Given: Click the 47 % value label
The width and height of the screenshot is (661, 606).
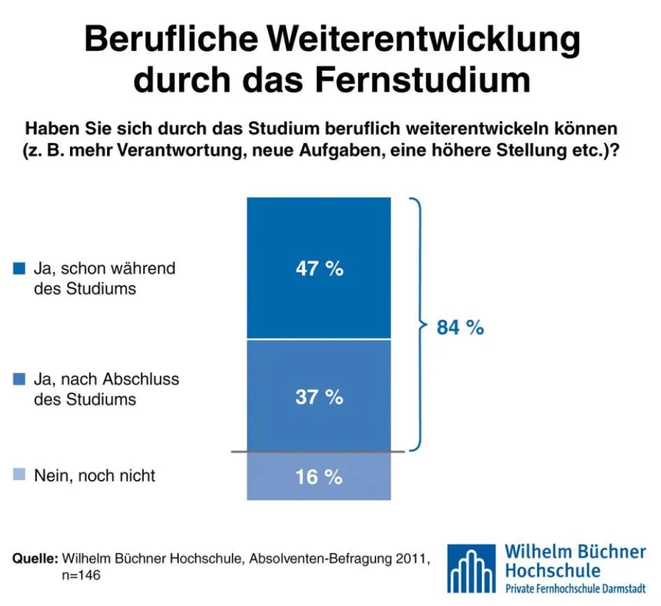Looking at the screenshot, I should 319,269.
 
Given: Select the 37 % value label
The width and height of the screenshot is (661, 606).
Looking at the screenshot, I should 319,397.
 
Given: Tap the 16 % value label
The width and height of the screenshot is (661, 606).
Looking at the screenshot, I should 319,477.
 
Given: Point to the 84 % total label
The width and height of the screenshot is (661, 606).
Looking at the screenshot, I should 460,328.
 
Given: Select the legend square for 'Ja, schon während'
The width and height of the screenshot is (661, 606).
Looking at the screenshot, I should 20,269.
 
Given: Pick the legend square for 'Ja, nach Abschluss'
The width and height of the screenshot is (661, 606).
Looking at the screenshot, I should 20,379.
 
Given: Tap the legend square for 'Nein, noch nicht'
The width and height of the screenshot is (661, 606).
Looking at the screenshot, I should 20,475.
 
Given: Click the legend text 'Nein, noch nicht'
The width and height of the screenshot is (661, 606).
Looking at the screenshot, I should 94,475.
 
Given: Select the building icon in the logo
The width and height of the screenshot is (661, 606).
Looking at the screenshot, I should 473,570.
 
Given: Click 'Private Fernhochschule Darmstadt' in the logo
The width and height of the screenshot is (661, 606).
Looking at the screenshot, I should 575,588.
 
